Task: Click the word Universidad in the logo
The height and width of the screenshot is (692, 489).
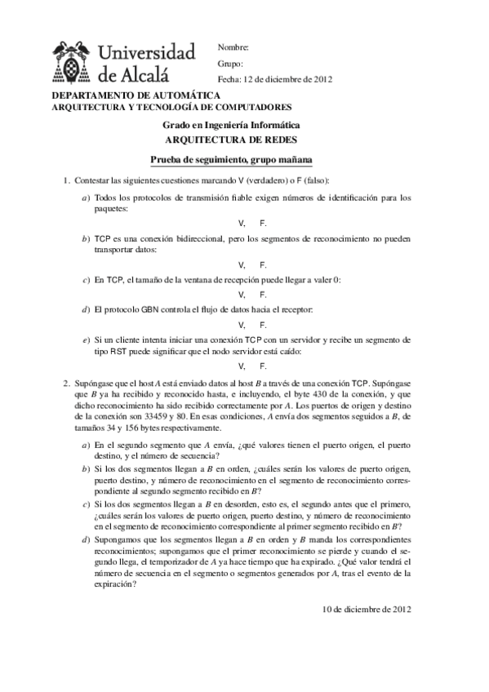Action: click(147, 54)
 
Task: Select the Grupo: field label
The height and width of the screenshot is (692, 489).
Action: click(231, 64)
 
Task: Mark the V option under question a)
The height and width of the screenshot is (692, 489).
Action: click(242, 223)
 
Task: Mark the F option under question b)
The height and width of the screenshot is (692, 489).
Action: click(263, 264)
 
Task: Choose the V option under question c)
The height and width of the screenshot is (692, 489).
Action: click(242, 295)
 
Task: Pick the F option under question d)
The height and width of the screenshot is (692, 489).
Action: click(263, 324)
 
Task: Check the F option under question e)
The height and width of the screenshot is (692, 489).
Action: click(263, 366)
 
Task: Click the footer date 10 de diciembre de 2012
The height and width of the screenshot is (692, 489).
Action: click(367, 609)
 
